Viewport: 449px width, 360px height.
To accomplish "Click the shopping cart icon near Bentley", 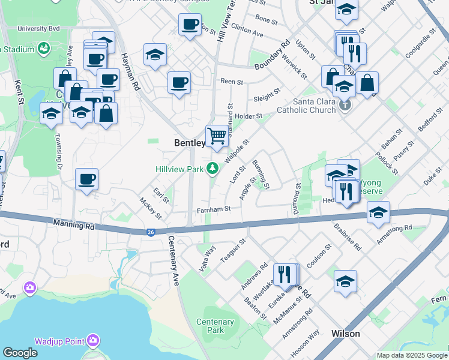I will click(x=217, y=136).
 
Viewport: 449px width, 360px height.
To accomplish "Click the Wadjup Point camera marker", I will click(x=92, y=341).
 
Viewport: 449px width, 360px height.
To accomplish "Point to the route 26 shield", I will click(x=150, y=232).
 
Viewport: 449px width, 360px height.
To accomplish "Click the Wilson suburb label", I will click(x=346, y=334).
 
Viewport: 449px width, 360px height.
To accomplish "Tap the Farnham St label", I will click(x=214, y=209).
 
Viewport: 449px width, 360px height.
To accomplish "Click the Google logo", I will click(x=20, y=353).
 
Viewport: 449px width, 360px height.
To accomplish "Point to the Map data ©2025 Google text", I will click(x=411, y=355).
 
